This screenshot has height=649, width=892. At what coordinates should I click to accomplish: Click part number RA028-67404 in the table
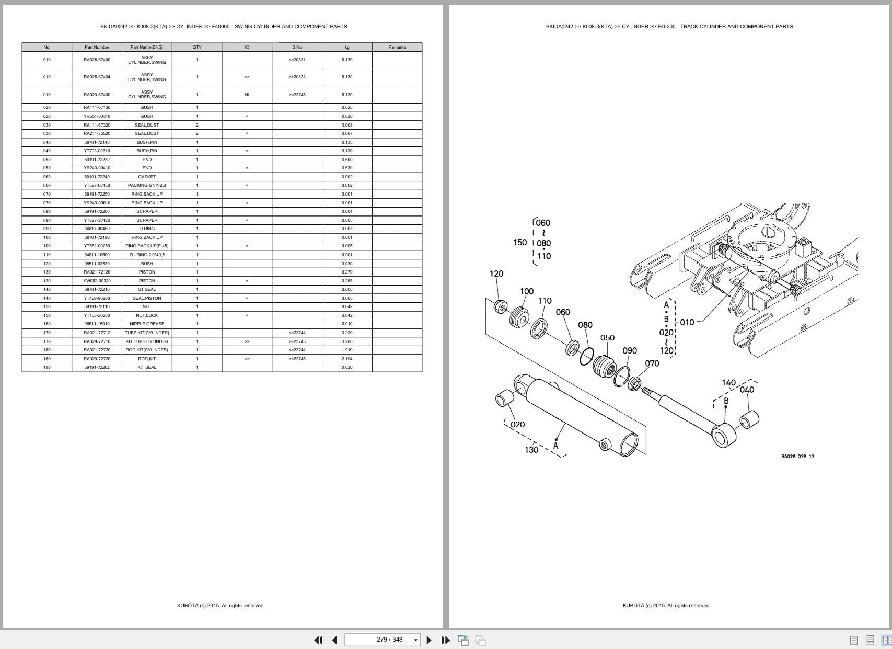[x=97, y=77]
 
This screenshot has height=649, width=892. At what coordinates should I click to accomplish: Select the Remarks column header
[x=397, y=47]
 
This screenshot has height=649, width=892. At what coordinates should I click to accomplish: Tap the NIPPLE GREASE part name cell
[x=147, y=324]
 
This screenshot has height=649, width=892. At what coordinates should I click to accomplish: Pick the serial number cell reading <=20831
[x=297, y=60]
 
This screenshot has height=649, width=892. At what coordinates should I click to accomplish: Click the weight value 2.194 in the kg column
[x=346, y=359]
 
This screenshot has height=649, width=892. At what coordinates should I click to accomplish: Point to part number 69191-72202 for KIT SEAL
[x=97, y=367]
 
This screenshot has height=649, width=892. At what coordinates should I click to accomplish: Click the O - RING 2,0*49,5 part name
[x=147, y=255]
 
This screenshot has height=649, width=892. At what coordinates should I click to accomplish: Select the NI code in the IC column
[x=247, y=95]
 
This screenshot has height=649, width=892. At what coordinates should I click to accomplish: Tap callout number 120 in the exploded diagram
[x=496, y=274]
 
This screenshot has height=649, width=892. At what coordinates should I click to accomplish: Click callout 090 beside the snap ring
[x=629, y=350]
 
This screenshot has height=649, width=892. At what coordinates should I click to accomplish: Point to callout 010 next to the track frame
[x=687, y=322]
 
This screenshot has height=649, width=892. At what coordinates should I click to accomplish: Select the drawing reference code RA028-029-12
[x=797, y=457]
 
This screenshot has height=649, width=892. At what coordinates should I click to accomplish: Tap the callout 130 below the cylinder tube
[x=531, y=450]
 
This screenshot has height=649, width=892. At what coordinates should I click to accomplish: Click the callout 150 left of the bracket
[x=519, y=242]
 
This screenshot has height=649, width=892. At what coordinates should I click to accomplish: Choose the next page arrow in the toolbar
[x=429, y=640]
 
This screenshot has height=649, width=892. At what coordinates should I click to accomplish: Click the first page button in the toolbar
[x=318, y=640]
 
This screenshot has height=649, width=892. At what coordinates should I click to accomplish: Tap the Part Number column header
[x=97, y=47]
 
